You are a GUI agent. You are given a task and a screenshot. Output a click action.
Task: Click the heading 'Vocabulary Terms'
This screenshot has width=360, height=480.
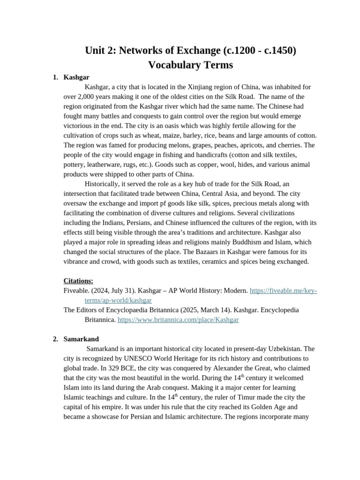(190, 65)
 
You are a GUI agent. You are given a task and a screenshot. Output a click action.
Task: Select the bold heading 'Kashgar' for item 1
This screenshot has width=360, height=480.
(76, 77)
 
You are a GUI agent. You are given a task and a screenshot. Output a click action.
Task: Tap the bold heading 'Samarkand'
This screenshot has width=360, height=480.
(81, 339)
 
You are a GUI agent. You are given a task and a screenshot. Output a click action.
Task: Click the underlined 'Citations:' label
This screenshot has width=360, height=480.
(78, 281)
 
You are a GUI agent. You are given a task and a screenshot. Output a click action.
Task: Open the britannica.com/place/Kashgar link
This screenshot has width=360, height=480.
(178, 320)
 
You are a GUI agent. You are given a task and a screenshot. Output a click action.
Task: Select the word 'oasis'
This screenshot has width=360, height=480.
(172, 126)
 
